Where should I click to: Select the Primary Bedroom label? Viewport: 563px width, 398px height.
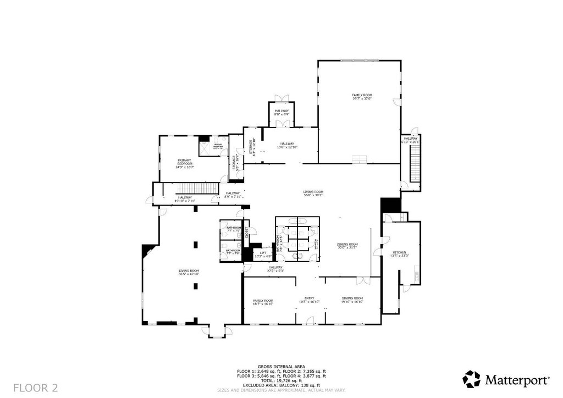pos(184,163)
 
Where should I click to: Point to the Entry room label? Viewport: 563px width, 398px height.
pos(310,299)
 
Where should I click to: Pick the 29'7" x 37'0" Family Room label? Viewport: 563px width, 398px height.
pos(362,97)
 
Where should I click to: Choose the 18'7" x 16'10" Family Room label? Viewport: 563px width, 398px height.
pos(263,301)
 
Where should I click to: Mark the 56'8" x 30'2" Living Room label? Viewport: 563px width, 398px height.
pos(312,193)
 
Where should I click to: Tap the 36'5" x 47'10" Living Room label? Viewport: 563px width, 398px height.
pos(189,272)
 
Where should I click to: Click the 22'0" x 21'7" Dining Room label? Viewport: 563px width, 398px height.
pos(347,246)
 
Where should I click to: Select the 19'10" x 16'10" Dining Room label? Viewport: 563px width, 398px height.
pos(352,299)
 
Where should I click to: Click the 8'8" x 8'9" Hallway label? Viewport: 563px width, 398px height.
pos(281,112)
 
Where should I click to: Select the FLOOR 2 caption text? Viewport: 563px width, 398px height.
pos(36,388)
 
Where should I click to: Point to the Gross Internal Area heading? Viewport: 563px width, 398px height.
pos(281,366)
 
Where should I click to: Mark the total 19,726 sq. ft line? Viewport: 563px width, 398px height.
pos(281,380)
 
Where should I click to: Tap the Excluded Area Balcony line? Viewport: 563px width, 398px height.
pos(281,385)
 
